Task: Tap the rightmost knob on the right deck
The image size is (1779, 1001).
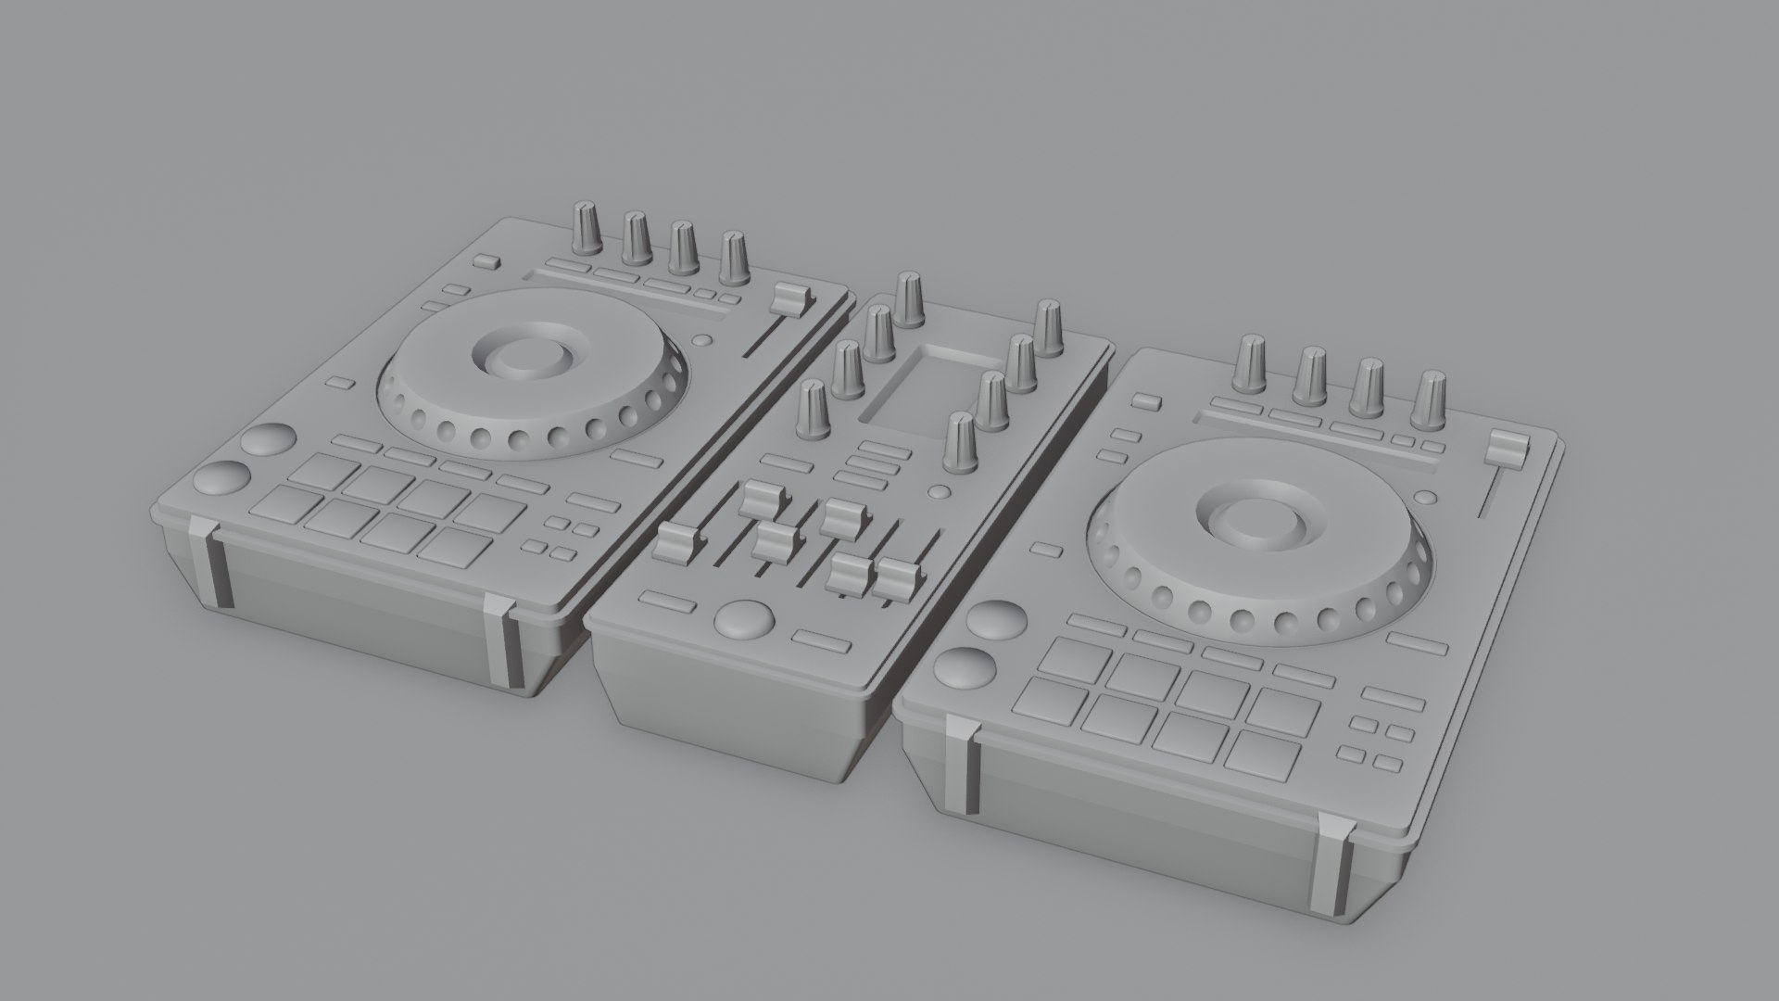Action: pos(1432,400)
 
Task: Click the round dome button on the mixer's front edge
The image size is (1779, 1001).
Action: pos(747,618)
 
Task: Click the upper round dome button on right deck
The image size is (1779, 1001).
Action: pos(992,619)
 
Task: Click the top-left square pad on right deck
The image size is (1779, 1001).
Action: pos(1074,657)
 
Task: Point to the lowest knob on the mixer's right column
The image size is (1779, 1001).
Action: pos(959,441)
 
